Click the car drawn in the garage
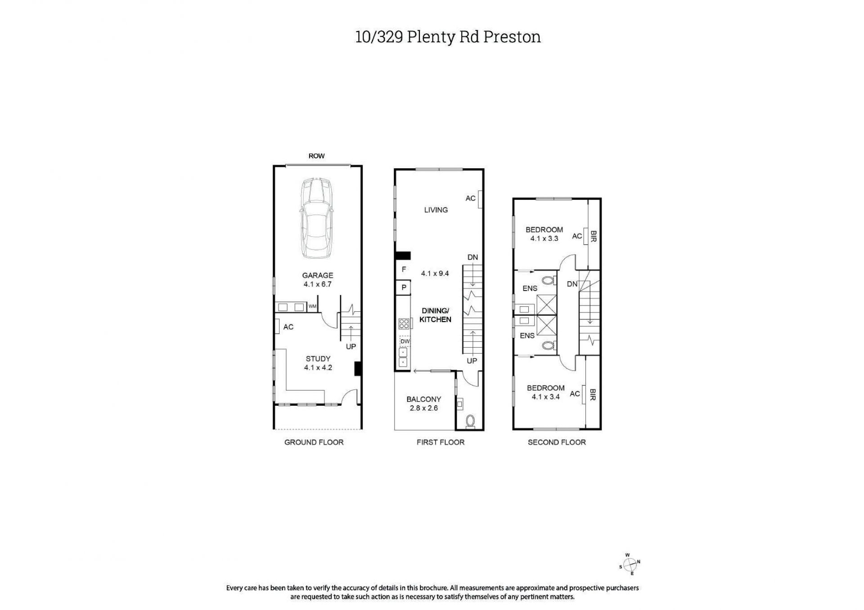point(317,218)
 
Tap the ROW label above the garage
point(316,156)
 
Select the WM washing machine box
point(312,307)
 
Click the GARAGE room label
point(318,275)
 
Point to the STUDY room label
point(318,359)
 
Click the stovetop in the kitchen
point(404,323)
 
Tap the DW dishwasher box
point(405,341)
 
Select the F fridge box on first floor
point(404,269)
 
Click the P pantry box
point(404,287)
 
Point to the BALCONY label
point(423,399)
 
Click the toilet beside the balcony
point(471,421)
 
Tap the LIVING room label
point(436,210)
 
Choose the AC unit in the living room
point(480,199)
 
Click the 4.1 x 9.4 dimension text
point(435,273)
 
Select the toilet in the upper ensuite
point(548,281)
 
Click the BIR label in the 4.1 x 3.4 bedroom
point(592,395)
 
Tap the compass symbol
point(630,564)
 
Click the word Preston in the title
point(512,37)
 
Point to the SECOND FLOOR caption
point(557,442)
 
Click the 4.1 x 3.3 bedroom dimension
point(544,238)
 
